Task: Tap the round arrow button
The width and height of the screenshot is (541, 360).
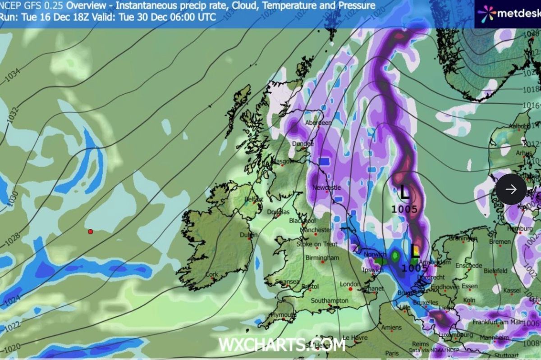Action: click(511, 189)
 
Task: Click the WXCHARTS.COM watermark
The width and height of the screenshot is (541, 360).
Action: click(282, 345)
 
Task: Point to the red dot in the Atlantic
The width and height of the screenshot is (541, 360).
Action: click(90, 232)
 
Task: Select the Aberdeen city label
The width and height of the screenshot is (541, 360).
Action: click(318, 123)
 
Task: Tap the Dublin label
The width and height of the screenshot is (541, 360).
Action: click(249, 235)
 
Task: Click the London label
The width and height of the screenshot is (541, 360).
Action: click(349, 284)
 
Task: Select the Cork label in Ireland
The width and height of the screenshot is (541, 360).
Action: click(211, 274)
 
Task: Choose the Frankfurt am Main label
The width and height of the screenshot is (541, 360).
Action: click(496, 322)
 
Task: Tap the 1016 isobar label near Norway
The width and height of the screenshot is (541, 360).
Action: click(530, 105)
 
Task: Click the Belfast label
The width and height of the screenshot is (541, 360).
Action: click(254, 199)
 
